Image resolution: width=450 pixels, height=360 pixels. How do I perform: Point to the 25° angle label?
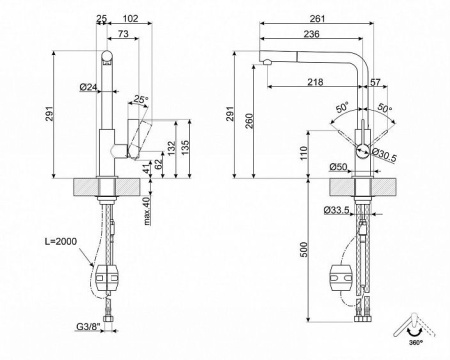click(141, 99)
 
